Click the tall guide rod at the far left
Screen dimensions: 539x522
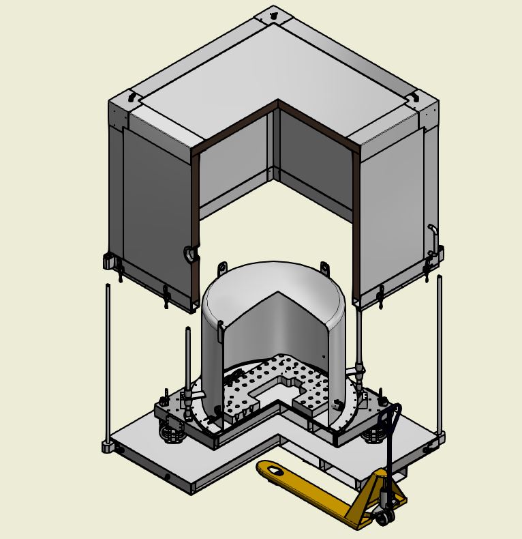(x=108, y=362)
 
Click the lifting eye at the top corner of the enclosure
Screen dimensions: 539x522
(x=273, y=14)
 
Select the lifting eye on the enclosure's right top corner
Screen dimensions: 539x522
(x=414, y=98)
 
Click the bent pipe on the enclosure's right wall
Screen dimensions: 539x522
(x=432, y=235)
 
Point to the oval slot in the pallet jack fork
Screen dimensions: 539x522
(x=274, y=470)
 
